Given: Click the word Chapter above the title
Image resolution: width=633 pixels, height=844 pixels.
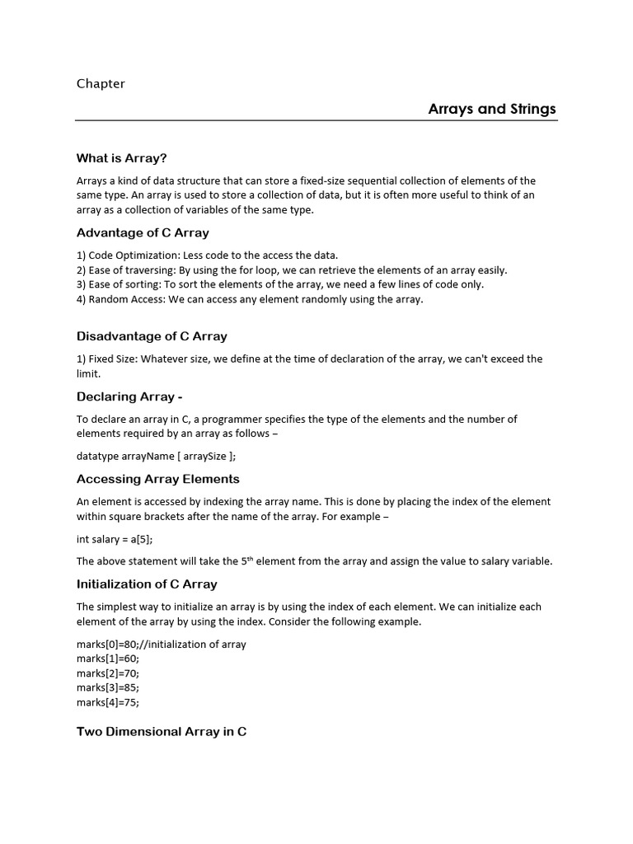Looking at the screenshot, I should pyautogui.click(x=101, y=83).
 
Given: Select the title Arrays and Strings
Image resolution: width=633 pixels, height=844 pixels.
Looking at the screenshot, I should pyautogui.click(x=492, y=109).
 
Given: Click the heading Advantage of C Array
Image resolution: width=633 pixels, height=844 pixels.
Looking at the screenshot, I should pyautogui.click(x=143, y=232).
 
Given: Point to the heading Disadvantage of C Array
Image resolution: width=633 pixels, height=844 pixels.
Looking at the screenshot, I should pyautogui.click(x=152, y=336).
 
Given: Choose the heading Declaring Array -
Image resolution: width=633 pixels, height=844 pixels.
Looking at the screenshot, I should pyautogui.click(x=129, y=396).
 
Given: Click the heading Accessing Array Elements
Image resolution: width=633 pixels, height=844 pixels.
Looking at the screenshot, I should pyautogui.click(x=158, y=479).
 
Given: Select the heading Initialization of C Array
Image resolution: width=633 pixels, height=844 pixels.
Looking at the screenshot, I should pyautogui.click(x=147, y=584).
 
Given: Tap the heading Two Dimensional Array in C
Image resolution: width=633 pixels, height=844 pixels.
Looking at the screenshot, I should pyautogui.click(x=162, y=731).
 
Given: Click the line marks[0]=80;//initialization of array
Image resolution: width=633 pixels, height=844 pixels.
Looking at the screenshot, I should pyautogui.click(x=162, y=644).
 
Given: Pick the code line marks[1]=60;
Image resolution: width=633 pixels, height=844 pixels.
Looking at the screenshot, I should pyautogui.click(x=108, y=659).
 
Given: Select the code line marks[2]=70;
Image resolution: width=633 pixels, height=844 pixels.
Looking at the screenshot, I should pyautogui.click(x=108, y=673).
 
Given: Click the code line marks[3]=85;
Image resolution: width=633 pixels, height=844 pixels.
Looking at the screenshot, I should pyautogui.click(x=108, y=687).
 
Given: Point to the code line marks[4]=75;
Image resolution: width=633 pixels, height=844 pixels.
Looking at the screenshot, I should pyautogui.click(x=108, y=702).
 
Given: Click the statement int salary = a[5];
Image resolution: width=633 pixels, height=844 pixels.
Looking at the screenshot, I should pyautogui.click(x=115, y=539).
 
